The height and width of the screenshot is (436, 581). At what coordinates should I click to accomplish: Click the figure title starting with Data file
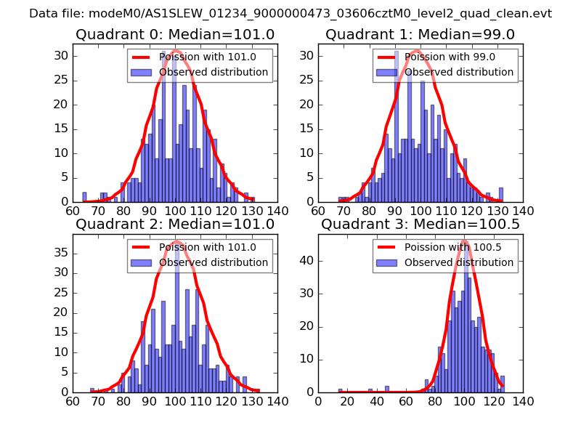(x=290, y=14)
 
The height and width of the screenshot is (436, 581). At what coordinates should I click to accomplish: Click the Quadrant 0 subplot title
(x=175, y=34)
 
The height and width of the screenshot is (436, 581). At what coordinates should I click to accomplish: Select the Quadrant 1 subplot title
(x=420, y=34)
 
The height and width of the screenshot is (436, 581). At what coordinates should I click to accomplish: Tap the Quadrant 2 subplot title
(x=175, y=225)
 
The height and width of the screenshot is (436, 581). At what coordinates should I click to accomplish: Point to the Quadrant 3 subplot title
(x=420, y=225)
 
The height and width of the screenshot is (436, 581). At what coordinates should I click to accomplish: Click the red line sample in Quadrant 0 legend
(x=142, y=57)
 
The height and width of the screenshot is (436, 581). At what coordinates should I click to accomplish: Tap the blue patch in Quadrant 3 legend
(x=388, y=262)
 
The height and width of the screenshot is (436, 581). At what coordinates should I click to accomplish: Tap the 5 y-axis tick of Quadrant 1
(x=308, y=177)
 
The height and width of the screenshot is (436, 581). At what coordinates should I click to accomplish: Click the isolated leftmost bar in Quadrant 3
(x=340, y=390)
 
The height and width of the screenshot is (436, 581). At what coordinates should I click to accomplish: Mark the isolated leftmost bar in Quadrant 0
(x=84, y=197)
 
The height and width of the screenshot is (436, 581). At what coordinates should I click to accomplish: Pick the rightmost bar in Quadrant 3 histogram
(x=503, y=384)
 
